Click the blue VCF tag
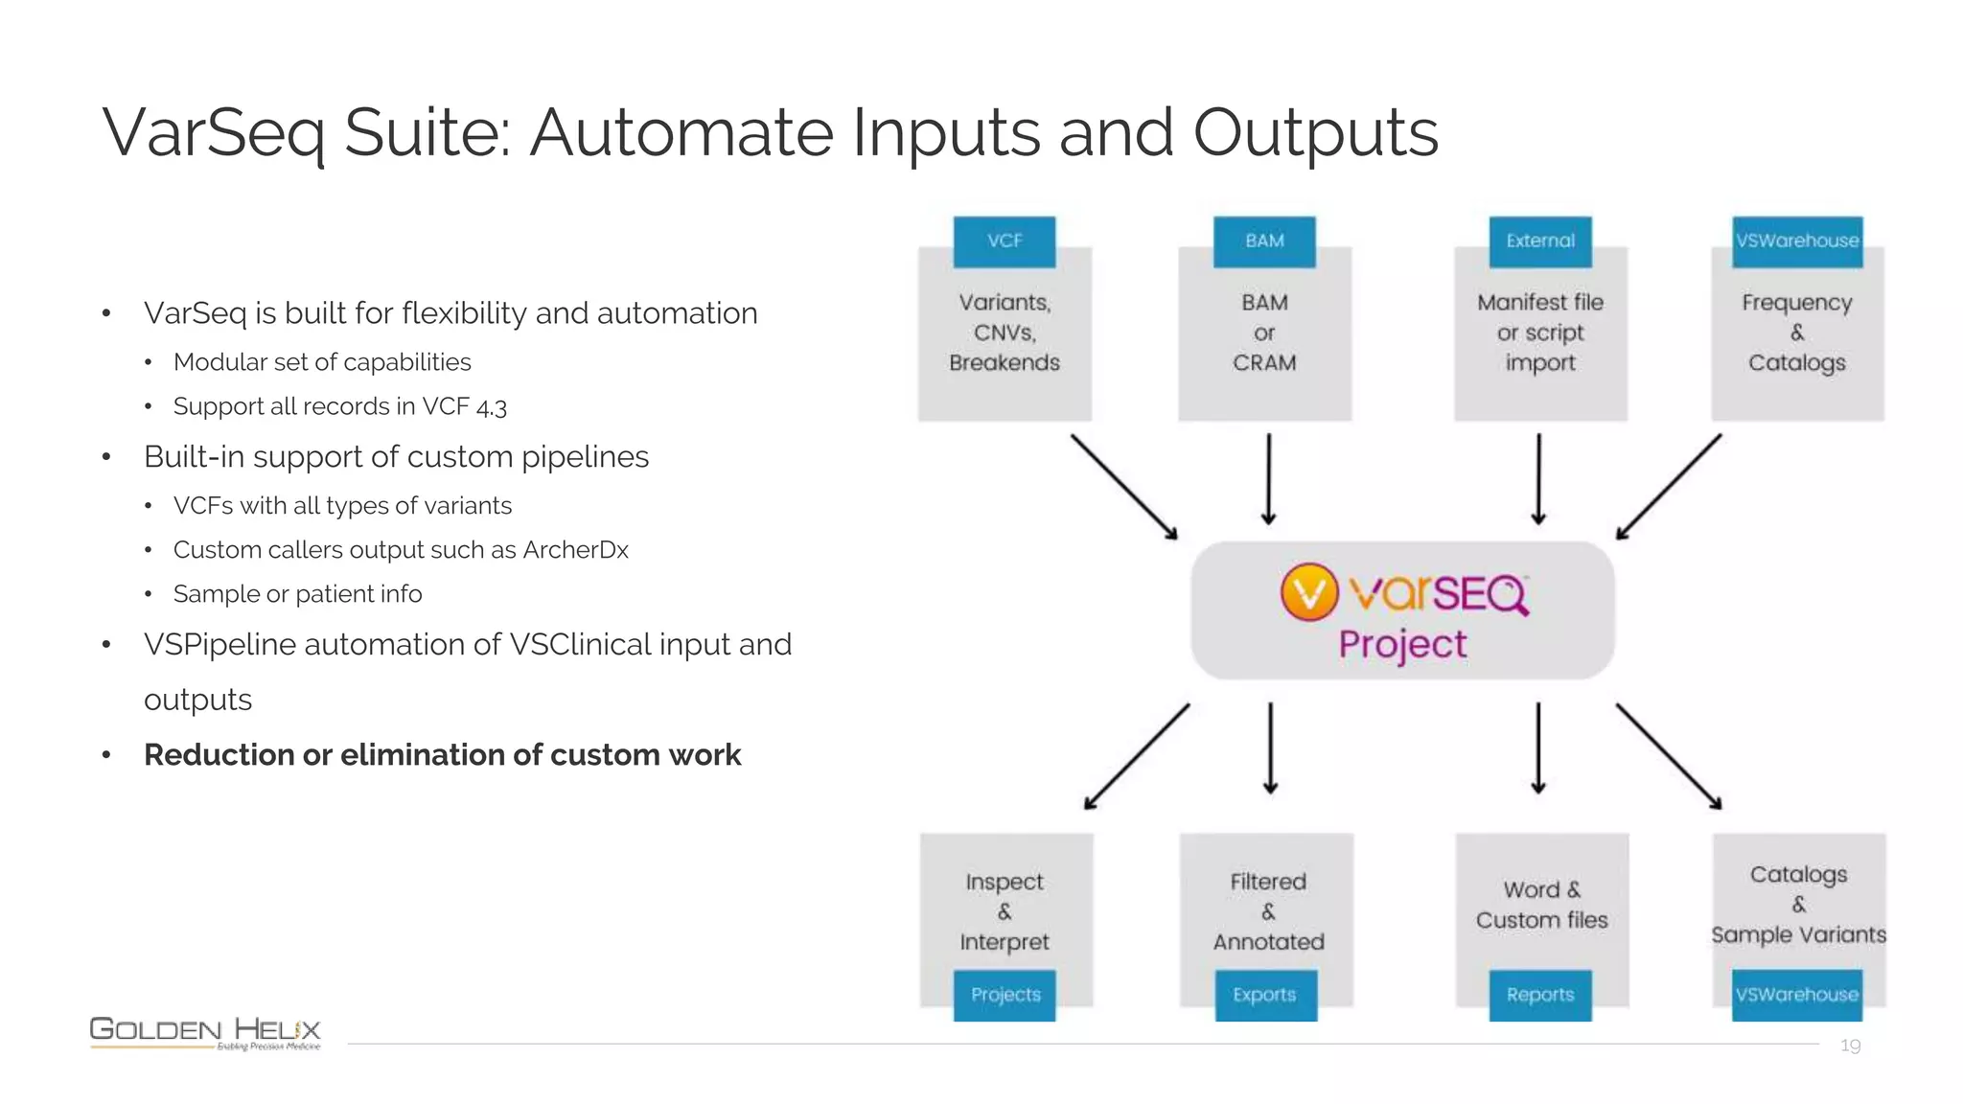point(1004,241)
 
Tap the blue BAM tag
point(1264,241)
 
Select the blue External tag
point(1539,241)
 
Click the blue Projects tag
point(1005,995)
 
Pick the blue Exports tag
point(1265,995)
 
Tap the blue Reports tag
point(1539,995)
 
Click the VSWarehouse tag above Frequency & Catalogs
point(1797,241)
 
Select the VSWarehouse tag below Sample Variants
point(1797,995)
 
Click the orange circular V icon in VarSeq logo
point(1308,592)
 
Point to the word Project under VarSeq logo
point(1402,645)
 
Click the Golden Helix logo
point(205,1032)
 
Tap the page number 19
point(1850,1046)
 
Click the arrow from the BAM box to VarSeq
point(1268,479)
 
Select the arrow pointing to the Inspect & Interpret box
point(1137,757)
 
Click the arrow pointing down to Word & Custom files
point(1538,747)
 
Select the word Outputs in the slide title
point(1315,132)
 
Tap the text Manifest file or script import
point(1539,333)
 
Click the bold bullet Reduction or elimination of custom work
point(442,755)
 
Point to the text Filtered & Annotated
point(1268,911)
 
